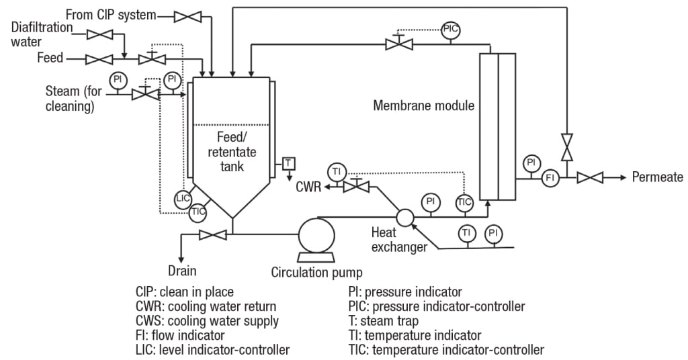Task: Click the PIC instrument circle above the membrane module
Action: point(450,30)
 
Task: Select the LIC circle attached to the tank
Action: point(183,198)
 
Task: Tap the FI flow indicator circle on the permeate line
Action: point(550,178)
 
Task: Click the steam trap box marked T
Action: point(288,163)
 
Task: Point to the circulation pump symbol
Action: point(316,235)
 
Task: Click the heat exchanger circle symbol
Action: point(405,217)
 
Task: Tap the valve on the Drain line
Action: point(213,234)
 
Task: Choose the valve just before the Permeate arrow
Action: point(590,178)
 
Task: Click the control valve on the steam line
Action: point(144,95)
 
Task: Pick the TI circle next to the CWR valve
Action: point(337,171)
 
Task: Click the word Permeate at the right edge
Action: point(657,177)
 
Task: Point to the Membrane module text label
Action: point(423,105)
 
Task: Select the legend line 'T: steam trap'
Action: point(383,320)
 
